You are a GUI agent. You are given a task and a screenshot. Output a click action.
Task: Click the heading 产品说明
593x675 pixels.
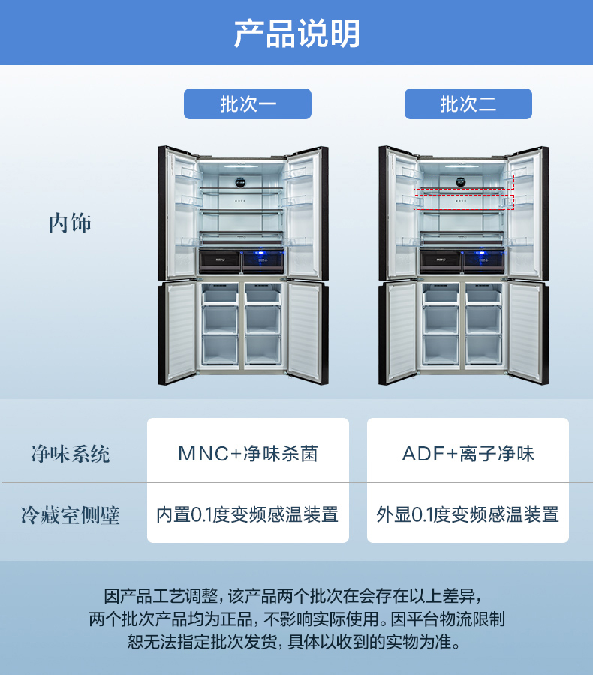pyautogui.click(x=296, y=34)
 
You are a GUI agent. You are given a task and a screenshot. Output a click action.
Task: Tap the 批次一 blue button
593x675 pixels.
pyautogui.click(x=247, y=104)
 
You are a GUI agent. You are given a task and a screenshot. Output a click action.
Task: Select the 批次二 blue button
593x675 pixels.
pyautogui.click(x=468, y=104)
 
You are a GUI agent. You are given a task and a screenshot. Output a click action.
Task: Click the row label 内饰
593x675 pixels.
pyautogui.click(x=70, y=223)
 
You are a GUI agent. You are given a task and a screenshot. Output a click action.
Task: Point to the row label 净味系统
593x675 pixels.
pyautogui.click(x=70, y=454)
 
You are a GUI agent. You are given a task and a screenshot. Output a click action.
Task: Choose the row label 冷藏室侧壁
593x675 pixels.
pyautogui.click(x=70, y=515)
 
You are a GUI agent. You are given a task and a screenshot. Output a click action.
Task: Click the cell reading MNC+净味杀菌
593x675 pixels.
pyautogui.click(x=248, y=454)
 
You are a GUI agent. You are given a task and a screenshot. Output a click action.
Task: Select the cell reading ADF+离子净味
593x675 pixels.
pyautogui.click(x=468, y=454)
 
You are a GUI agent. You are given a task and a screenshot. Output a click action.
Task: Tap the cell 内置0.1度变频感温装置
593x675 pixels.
pyautogui.click(x=248, y=515)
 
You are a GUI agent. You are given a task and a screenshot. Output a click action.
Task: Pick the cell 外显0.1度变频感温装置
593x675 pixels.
pyautogui.click(x=468, y=515)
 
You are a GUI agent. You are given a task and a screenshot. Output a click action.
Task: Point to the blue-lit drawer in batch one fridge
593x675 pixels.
pyautogui.click(x=263, y=260)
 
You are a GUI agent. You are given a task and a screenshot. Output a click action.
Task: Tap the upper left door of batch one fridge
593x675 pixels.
pyautogui.click(x=178, y=214)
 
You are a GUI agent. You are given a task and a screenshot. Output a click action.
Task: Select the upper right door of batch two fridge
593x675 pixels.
pyautogui.click(x=525, y=214)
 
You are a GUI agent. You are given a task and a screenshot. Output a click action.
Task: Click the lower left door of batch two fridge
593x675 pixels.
pyautogui.click(x=399, y=331)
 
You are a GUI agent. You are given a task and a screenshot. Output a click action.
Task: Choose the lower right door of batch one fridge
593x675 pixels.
pyautogui.click(x=306, y=331)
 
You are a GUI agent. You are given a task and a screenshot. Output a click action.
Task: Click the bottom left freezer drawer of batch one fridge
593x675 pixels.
pyautogui.click(x=220, y=349)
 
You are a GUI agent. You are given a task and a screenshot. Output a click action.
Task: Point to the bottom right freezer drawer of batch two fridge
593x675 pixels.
pyautogui.click(x=483, y=349)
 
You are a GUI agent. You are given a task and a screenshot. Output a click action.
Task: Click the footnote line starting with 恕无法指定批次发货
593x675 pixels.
pyautogui.click(x=296, y=643)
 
